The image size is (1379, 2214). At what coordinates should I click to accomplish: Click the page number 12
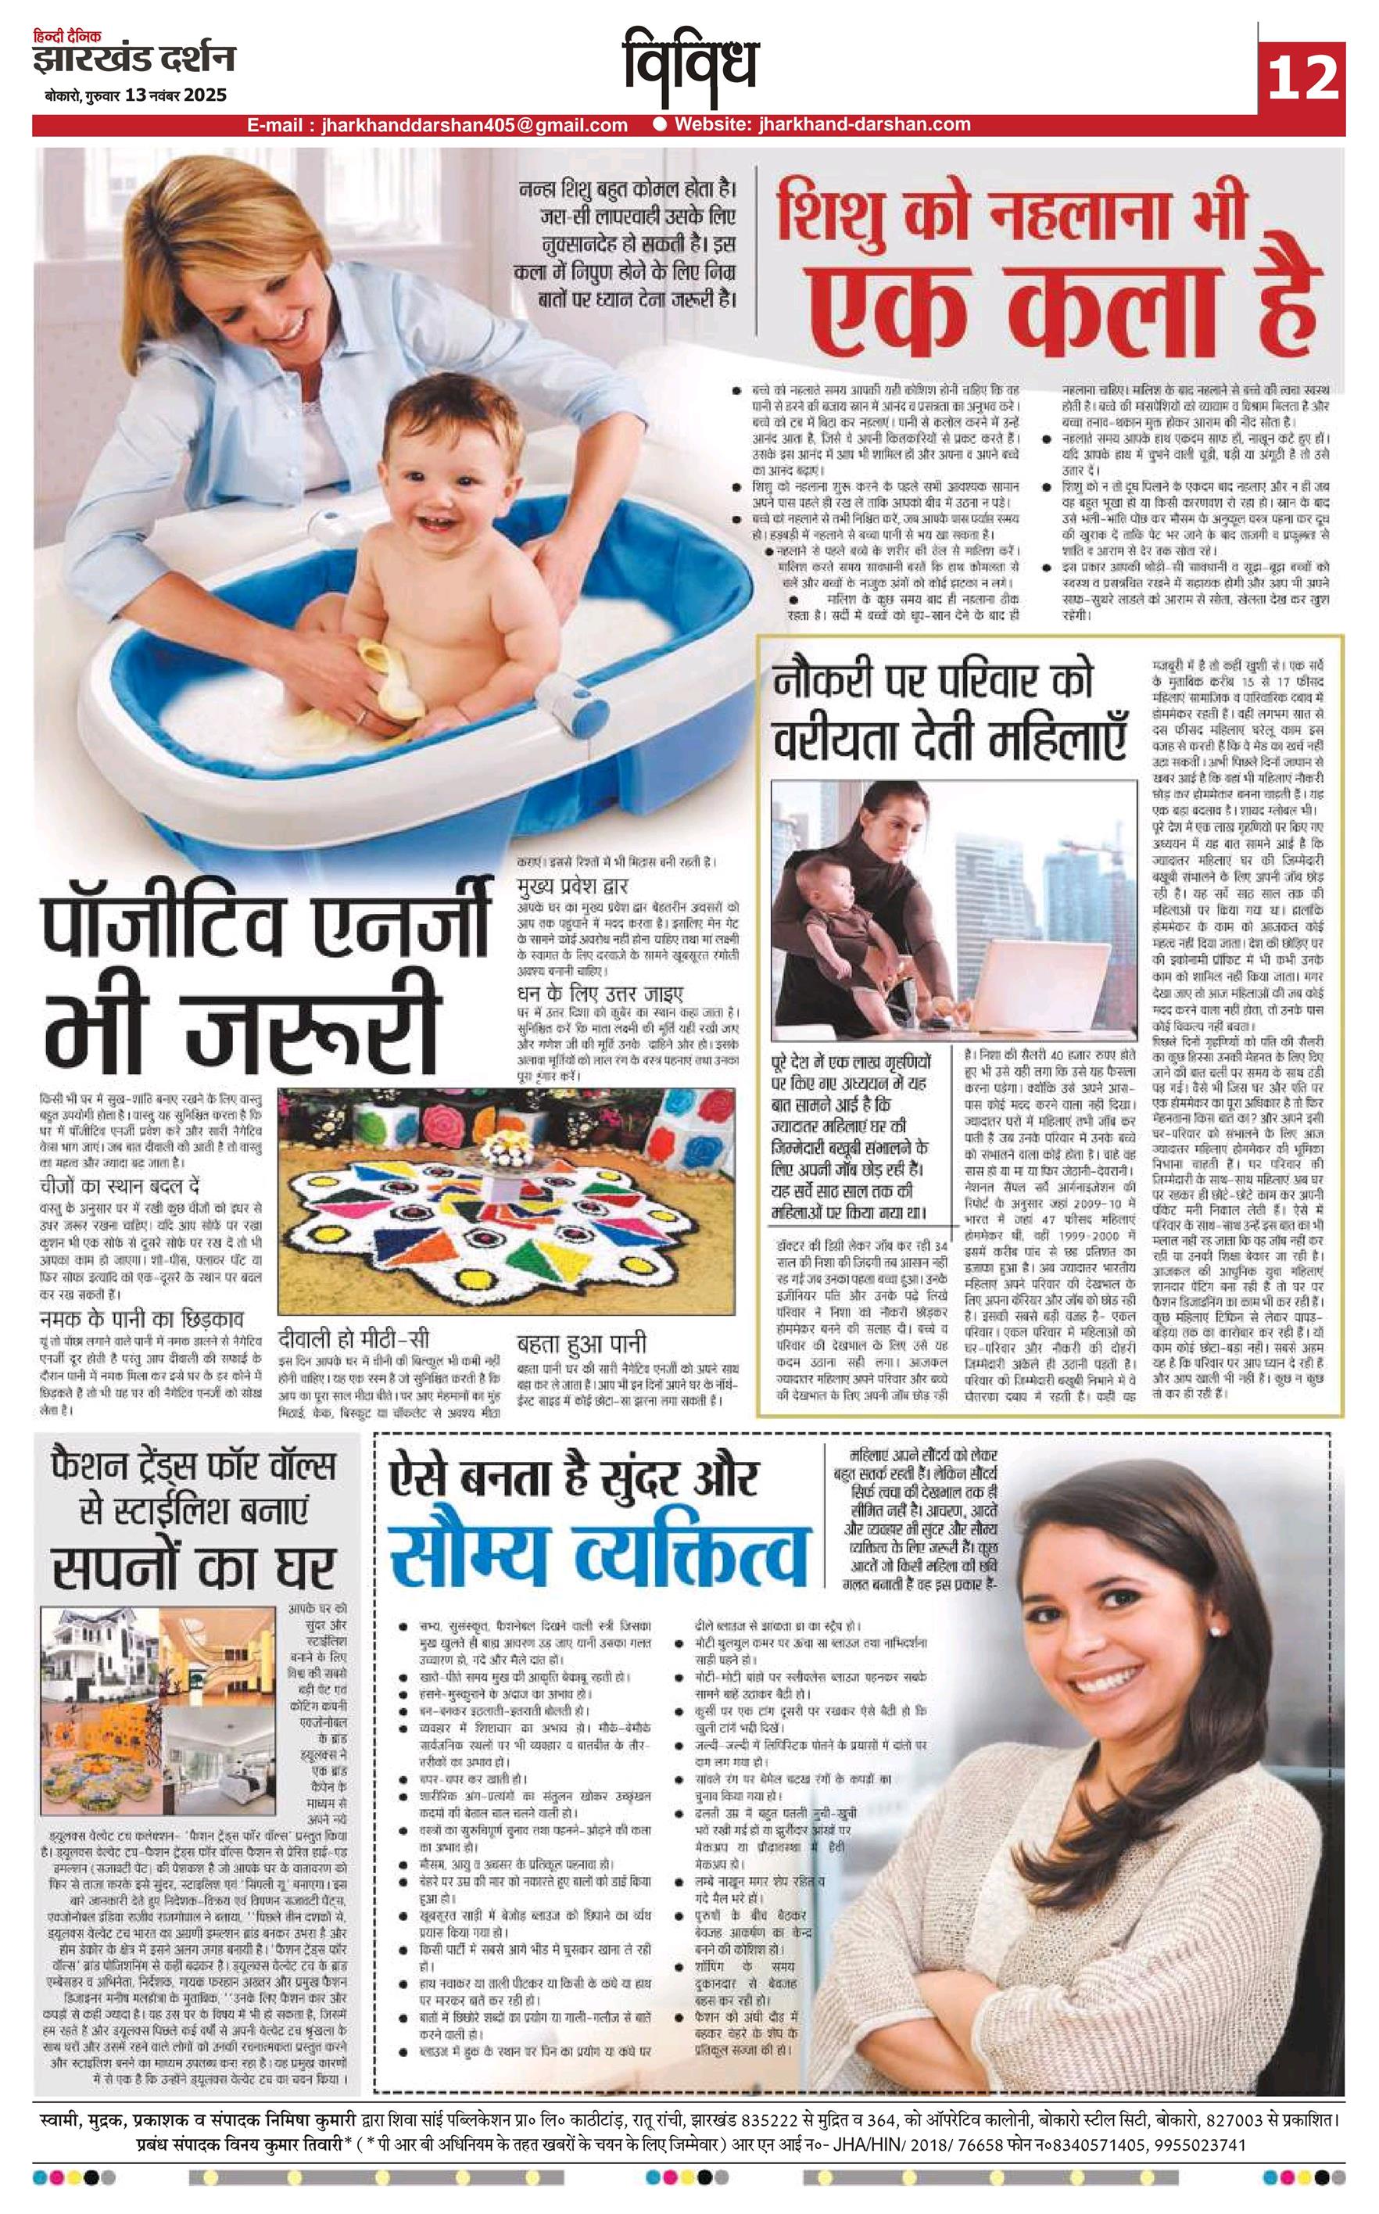1302,77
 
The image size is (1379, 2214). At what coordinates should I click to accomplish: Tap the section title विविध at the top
690,64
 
